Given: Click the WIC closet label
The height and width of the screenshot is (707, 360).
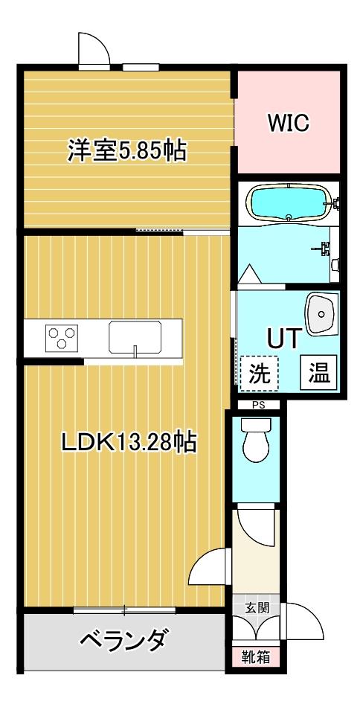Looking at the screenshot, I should coord(288,123).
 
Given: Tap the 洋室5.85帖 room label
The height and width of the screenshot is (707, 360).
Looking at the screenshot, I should coord(126,151).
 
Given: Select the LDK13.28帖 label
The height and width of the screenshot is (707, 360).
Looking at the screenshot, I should coord(129,443).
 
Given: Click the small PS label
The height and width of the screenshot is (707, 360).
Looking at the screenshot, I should coord(258,406).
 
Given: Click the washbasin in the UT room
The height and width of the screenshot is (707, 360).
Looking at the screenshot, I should coord(321,314).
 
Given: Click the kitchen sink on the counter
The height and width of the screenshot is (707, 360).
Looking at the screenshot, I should coord(135,338).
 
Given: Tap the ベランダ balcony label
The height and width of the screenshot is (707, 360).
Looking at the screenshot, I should coord(122,639).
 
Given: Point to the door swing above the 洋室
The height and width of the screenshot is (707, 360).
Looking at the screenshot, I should coord(94,51).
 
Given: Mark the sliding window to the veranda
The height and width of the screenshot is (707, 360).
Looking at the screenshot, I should coord(124,610).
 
